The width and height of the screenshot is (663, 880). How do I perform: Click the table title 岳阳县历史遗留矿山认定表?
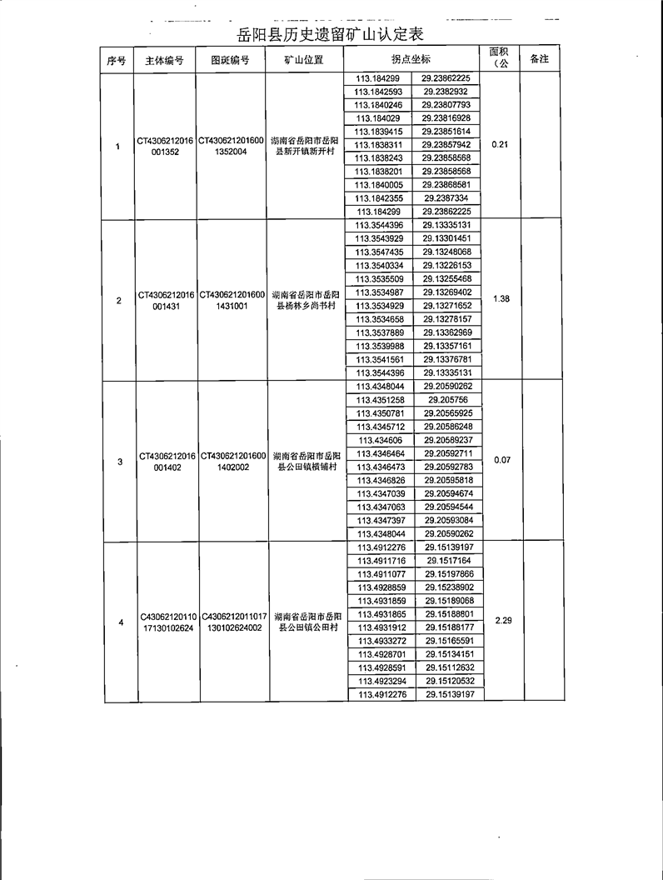[x=331, y=34]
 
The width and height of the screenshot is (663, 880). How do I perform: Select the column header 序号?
[x=117, y=60]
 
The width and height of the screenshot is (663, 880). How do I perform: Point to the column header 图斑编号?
[x=231, y=60]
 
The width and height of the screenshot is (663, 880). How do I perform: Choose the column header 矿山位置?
[x=303, y=60]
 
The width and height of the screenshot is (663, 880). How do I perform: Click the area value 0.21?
[x=500, y=145]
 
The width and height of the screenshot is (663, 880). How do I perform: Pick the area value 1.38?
[x=501, y=298]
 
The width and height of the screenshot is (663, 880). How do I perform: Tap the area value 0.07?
[x=501, y=460]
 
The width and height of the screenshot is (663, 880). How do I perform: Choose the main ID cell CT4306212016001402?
[x=167, y=462]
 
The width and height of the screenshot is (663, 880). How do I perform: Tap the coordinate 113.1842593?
[x=378, y=92]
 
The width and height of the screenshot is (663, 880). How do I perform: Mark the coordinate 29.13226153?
[x=447, y=265]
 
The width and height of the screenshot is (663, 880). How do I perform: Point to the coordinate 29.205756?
[x=447, y=400]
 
